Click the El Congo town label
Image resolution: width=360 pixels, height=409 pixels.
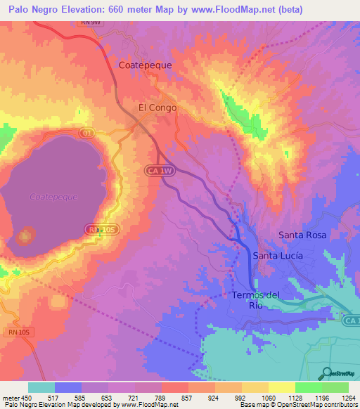pos(157,108)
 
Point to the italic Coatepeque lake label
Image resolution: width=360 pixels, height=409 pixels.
pos(53,197)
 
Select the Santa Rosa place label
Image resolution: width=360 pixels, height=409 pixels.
pos(302,235)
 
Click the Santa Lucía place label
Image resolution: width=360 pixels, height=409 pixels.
pos(278,256)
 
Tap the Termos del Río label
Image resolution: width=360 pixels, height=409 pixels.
pos(255,299)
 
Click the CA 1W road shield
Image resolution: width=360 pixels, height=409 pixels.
pos(160,170)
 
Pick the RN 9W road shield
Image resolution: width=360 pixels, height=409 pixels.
pos(86,22)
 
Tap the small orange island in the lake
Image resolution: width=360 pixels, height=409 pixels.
pos(27,234)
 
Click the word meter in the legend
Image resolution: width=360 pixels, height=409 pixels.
pos(10,398)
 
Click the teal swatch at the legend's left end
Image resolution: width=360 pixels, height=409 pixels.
pos(41,387)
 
